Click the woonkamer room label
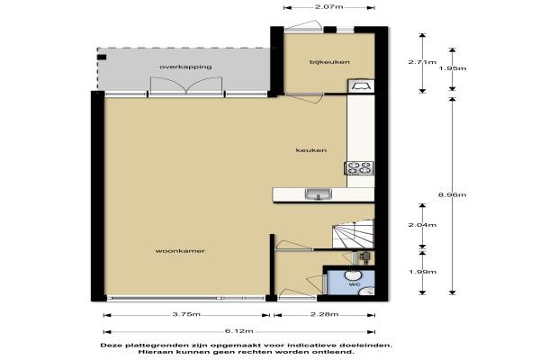click(180, 251)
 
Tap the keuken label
click(311, 150)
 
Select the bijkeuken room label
click(329, 62)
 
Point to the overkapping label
click(185, 67)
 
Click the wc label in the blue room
click(355, 284)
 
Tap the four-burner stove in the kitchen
click(359, 168)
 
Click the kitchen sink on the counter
click(319, 194)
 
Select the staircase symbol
click(353, 234)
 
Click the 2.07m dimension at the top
click(329, 6)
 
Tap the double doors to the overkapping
click(186, 85)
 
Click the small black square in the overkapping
click(102, 58)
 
